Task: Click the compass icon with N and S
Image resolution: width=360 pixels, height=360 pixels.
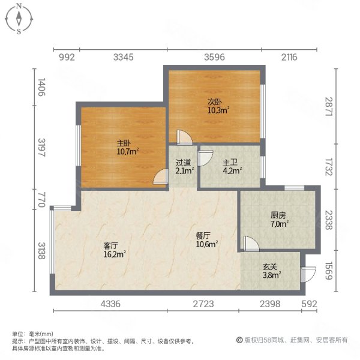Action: pos(20,18)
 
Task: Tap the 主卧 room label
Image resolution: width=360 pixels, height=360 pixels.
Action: pos(124,143)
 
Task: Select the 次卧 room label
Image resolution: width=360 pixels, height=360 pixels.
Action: pos(214,102)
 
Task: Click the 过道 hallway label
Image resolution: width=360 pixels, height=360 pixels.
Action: pos(184,162)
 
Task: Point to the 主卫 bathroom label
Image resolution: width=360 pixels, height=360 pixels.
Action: pos(230,162)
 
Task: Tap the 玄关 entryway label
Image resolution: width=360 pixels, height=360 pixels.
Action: pos(271,266)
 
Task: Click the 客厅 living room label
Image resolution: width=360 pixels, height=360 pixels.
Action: pos(110,245)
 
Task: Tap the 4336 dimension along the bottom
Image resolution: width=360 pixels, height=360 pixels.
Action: pos(111,304)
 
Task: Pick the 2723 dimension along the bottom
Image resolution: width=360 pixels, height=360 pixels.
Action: pos(203,304)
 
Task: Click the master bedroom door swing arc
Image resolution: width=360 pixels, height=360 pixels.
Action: pos(160,178)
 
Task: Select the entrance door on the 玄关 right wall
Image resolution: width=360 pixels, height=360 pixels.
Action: pos(307,273)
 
